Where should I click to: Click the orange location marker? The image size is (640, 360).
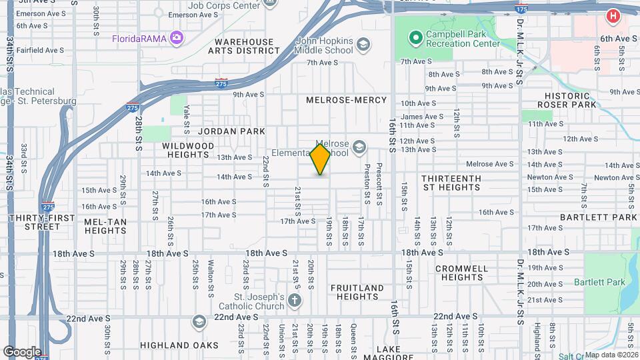(x=320, y=159)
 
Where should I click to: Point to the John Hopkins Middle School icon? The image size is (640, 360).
(x=363, y=45)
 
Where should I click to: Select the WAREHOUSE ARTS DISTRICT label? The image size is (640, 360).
(x=245, y=46)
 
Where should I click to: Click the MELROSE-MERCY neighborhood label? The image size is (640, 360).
(x=346, y=100)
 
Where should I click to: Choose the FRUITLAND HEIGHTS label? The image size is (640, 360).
(x=357, y=292)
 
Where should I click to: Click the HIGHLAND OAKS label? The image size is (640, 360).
(x=179, y=345)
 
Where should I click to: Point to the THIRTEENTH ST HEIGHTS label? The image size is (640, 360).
(x=451, y=183)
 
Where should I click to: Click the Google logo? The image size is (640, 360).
(x=22, y=351)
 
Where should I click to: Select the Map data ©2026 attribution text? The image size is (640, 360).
(x=610, y=355)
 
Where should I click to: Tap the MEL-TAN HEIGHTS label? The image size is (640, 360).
(x=105, y=226)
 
